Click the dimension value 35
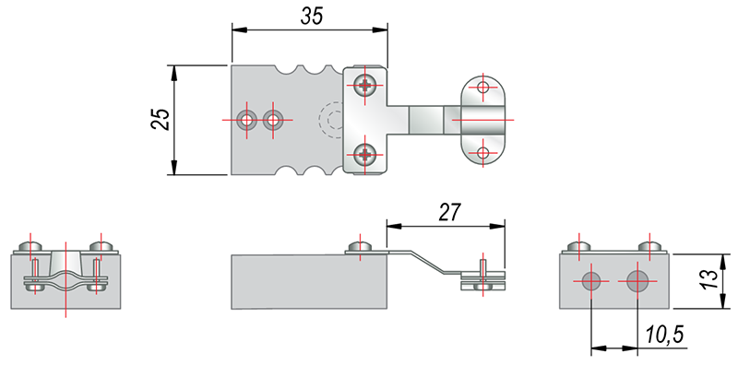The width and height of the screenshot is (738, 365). tap(312, 16)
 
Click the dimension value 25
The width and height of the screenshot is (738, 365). tap(160, 119)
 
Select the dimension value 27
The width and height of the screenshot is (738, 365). tap(449, 213)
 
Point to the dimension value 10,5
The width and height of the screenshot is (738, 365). tap(664, 336)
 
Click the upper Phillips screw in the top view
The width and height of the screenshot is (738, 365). tap(364, 85)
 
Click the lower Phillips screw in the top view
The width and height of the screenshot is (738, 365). tap(364, 154)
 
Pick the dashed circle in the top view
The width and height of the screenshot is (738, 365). tap(330, 120)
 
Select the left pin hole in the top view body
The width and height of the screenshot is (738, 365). tap(246, 120)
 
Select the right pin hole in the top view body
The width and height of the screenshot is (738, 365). tap(272, 120)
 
